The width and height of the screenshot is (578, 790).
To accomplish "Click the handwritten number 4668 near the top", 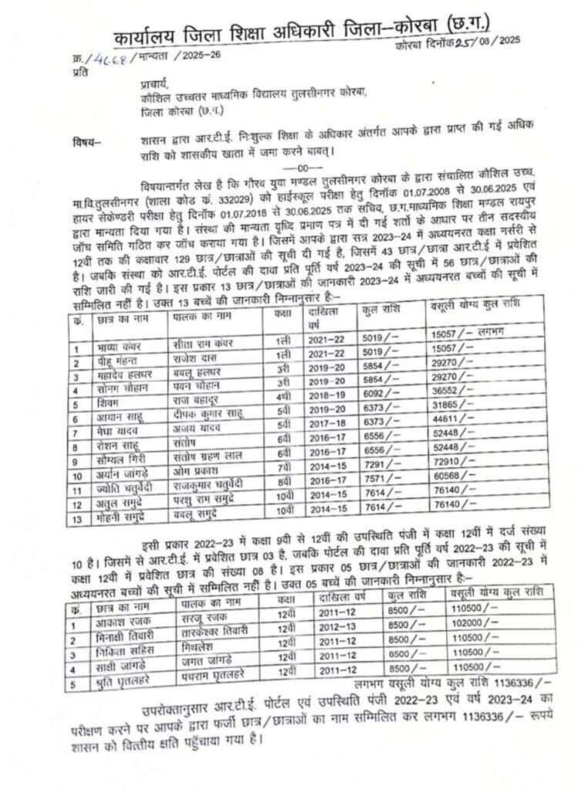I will point(115,59).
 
